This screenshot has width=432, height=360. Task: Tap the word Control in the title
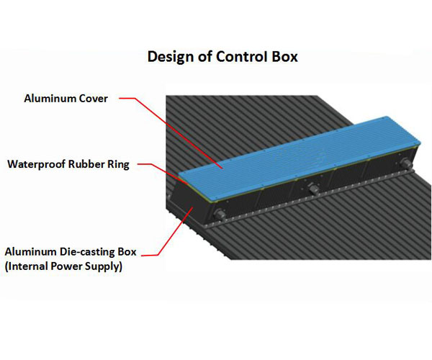242,56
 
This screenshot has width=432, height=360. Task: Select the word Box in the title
285,56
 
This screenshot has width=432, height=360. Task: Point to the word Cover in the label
93,99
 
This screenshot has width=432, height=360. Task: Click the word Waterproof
37,164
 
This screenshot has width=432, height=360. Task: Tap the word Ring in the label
118,164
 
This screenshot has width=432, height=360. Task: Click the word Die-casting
86,252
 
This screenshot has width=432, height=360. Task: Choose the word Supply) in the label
103,266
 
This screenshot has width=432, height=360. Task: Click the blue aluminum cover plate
299,158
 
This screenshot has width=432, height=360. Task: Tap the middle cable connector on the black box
313,189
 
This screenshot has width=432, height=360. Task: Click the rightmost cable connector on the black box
406,162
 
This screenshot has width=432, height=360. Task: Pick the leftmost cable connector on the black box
220,214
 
